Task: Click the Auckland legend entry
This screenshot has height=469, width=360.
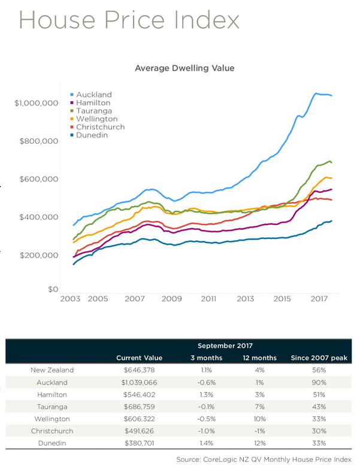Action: pos(94,95)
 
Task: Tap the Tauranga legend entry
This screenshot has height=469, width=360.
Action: pos(94,111)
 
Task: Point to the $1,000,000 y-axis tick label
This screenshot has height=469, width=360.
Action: pos(36,103)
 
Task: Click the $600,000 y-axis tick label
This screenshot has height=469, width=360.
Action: pos(39,179)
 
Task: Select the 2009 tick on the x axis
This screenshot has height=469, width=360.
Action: pos(172,298)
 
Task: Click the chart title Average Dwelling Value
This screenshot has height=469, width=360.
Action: pos(184,68)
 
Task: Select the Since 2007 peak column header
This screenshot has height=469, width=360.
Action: pos(318,358)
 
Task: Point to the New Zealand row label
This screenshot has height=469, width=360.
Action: pos(52,370)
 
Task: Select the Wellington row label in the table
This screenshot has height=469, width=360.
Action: pos(52,419)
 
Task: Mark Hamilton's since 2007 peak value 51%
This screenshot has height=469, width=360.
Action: pos(318,394)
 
